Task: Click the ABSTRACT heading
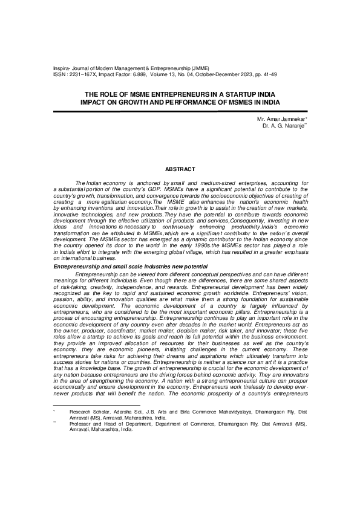tap(180, 166)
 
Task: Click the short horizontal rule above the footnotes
tap(88, 465)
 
